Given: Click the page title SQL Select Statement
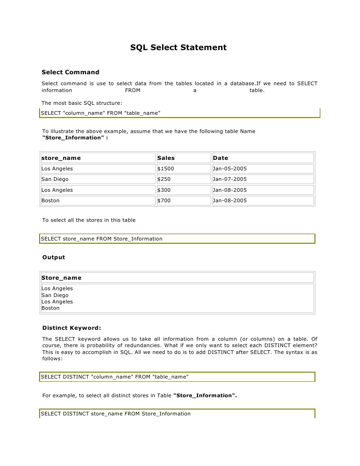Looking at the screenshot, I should pos(178,47).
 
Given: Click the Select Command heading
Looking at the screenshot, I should pos(70,72).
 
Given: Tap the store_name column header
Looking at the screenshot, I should pos(61,158).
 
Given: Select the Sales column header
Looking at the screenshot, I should pos(166,158).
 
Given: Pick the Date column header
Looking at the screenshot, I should pos(220,158).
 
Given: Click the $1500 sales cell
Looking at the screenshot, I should pos(166,169).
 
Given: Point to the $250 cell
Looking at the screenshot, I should pos(164,179).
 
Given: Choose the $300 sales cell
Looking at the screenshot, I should pos(164,190).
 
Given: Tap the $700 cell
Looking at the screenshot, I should pos(164,200).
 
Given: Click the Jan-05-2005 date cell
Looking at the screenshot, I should pos(229,169).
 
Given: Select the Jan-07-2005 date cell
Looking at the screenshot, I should pos(229,179).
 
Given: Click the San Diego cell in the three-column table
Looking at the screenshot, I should pos(55,179).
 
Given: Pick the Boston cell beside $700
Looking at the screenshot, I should pos(51,200).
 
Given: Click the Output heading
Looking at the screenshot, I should pos(54,257).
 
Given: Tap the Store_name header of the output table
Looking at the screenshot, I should pos(61,277).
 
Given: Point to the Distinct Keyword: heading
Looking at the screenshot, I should pos(71,328).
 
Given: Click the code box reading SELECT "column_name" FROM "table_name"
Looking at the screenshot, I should pos(101,113).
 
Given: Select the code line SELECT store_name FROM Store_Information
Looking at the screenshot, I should pos(101,238).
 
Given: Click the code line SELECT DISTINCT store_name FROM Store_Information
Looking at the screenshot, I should pos(116,414).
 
